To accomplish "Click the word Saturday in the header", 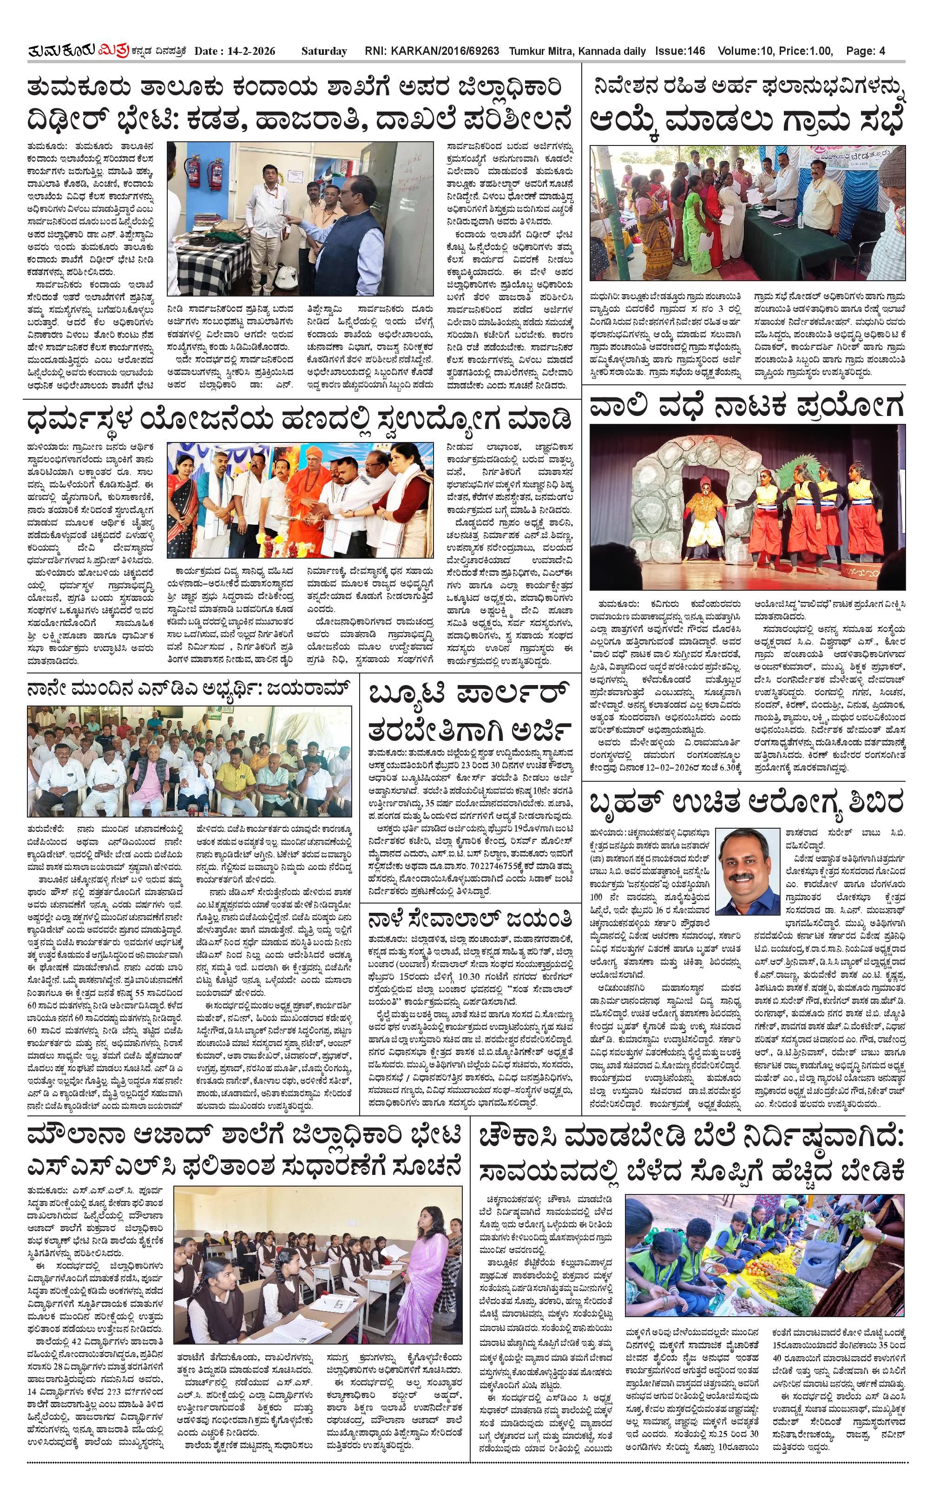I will coord(324,51).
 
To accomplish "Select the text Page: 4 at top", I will coord(865,51).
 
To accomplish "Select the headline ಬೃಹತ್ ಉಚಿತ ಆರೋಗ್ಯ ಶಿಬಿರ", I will coord(746,804).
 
